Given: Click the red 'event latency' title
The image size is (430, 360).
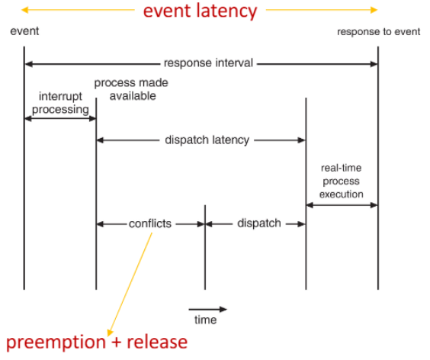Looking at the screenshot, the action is coord(201,11).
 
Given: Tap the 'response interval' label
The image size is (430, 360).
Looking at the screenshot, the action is coord(208,63).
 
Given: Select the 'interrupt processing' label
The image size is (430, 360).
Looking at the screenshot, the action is coord(60,103).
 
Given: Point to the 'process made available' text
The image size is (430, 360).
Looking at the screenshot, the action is coord(131,89).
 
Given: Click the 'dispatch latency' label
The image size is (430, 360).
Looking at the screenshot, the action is coord(207,140).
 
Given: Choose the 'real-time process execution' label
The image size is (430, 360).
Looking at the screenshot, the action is coord(342,181).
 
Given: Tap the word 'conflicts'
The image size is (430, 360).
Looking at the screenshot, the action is coord(150,223).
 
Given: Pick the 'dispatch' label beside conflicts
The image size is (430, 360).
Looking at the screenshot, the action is coord(259,223).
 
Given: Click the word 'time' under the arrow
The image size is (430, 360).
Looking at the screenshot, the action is coord(206,320).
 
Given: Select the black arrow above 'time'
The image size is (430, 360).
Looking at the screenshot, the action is coord(208,309).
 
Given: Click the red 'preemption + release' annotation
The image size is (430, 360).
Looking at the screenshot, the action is coord(97,342).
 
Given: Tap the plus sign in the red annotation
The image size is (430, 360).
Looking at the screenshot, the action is coord(117,343).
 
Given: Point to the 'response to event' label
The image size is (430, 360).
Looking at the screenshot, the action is coord(378,32).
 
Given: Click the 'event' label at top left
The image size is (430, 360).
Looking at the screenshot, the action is coord(24,31).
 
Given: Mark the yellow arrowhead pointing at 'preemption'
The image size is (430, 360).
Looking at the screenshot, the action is coord(110,333).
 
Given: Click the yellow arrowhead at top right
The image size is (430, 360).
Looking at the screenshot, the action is coord(374,10).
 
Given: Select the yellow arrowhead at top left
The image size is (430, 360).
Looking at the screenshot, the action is coord(24,10).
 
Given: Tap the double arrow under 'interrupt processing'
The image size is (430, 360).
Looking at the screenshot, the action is coord(60,119).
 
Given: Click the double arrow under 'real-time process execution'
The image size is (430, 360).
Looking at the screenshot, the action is coord(342,205).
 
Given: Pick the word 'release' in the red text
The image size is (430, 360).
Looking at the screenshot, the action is coord(157,342).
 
